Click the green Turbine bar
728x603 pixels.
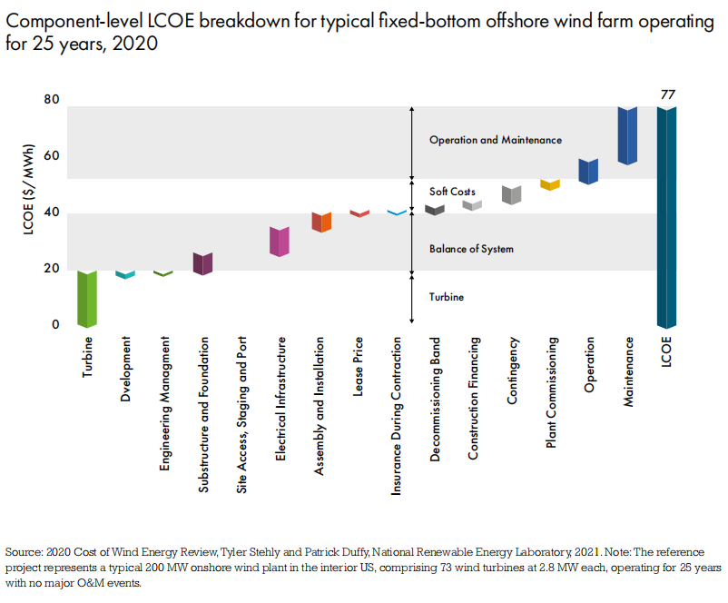(87, 298)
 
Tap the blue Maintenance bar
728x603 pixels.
(627, 135)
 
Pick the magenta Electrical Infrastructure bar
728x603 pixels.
(280, 242)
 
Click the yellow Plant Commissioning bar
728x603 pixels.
(550, 184)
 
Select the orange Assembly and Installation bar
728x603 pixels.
(321, 222)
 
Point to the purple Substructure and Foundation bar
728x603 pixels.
(202, 263)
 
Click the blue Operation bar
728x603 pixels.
(588, 172)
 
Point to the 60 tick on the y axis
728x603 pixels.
(52, 156)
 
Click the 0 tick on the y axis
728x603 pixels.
(54, 324)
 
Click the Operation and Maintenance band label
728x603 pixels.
(496, 141)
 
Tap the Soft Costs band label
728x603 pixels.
(452, 193)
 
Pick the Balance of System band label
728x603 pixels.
(471, 249)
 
